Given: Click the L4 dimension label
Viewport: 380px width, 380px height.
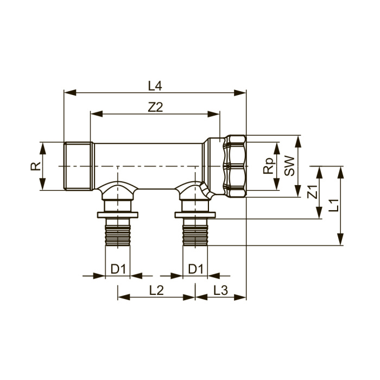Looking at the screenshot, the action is pyautogui.click(x=155, y=86).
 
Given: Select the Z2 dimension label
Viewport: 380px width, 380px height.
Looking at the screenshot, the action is pyautogui.click(x=155, y=107).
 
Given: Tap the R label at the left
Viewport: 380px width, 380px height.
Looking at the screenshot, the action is pyautogui.click(x=36, y=166).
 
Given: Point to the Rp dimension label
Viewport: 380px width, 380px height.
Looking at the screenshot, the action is pyautogui.click(x=269, y=166).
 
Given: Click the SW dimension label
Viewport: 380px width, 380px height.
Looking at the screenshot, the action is pyautogui.click(x=289, y=166).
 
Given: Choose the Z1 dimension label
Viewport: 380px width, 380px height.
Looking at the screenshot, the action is pyautogui.click(x=312, y=192).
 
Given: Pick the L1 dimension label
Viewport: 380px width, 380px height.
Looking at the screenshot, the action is pyautogui.click(x=334, y=205).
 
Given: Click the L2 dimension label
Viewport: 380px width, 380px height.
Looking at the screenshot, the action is pyautogui.click(x=156, y=290).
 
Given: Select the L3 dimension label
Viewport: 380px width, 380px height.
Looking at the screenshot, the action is pyautogui.click(x=221, y=290).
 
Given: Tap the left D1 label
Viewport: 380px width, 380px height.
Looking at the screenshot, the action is pyautogui.click(x=118, y=269).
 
